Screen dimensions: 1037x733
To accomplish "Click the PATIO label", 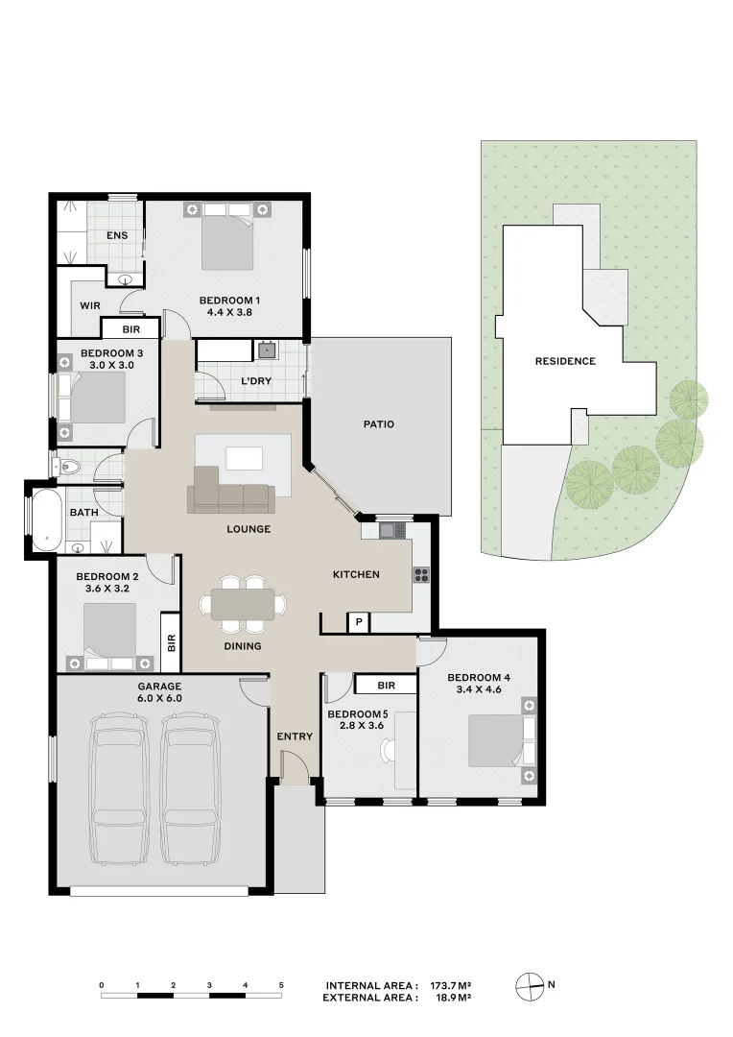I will pyautogui.click(x=379, y=423).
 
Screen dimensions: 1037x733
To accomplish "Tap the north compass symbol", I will pyautogui.click(x=530, y=984).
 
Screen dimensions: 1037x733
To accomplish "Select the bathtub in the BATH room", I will pyautogui.click(x=45, y=519).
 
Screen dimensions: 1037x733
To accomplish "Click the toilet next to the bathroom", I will pyautogui.click(x=68, y=468).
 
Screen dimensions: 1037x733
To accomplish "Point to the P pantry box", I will pyautogui.click(x=358, y=622).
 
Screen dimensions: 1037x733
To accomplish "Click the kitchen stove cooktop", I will pyautogui.click(x=421, y=575).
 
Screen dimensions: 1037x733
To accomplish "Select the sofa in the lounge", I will pyautogui.click(x=230, y=494).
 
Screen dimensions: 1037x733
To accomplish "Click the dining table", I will pyautogui.click(x=243, y=604).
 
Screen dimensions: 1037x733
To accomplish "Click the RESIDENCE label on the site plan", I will pyautogui.click(x=565, y=361).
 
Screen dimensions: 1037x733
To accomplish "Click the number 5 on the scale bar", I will pyautogui.click(x=281, y=985).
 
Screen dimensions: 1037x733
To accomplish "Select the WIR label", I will pyautogui.click(x=91, y=305).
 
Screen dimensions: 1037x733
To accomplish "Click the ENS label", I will pyautogui.click(x=117, y=235).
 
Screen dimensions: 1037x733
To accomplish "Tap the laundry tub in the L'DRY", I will pyautogui.click(x=265, y=350).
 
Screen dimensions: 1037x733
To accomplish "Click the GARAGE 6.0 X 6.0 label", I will pyautogui.click(x=159, y=692).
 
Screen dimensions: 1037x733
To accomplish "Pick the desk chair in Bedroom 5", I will pyautogui.click(x=387, y=752).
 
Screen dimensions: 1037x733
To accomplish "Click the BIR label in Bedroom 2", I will pyautogui.click(x=172, y=642).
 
